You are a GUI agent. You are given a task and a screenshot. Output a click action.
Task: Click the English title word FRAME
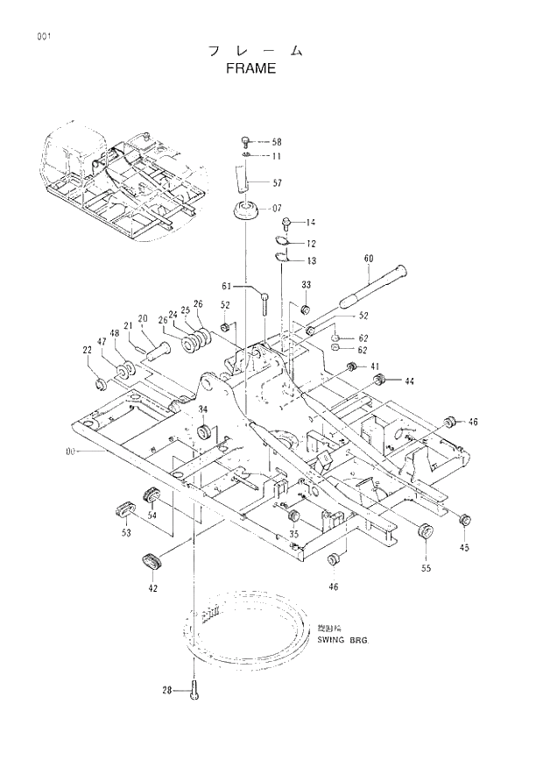point(250,68)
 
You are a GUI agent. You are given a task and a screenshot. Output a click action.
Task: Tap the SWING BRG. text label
point(343,640)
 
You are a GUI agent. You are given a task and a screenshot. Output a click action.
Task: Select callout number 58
point(277,141)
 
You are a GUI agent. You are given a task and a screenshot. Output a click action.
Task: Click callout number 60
point(368,259)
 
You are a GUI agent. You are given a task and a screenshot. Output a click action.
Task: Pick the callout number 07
point(276,209)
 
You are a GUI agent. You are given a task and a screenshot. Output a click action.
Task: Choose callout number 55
point(427,569)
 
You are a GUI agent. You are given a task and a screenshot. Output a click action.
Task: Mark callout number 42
point(152,588)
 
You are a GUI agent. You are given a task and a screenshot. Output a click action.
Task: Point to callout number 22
point(88,351)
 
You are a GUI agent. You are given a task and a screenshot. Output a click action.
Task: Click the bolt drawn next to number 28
point(194,692)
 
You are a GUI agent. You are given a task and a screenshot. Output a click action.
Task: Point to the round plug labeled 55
point(426,531)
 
